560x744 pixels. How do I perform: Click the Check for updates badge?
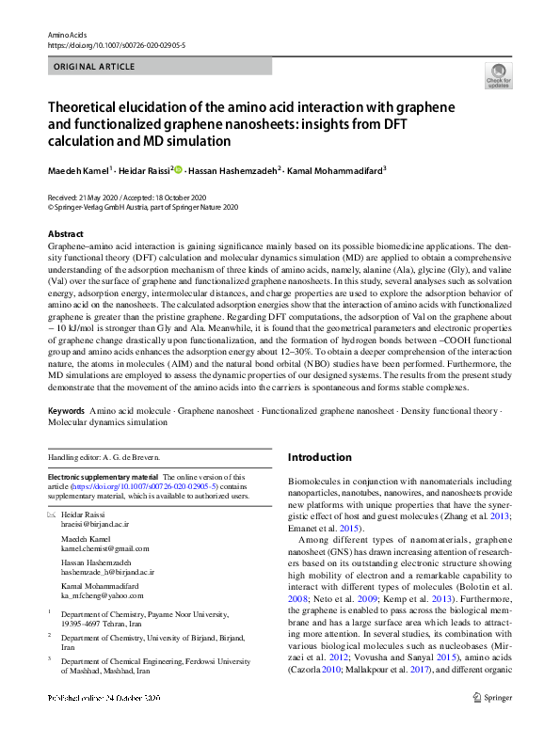497,75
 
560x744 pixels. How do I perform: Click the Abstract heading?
65,233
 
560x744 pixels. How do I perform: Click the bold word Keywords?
66,412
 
